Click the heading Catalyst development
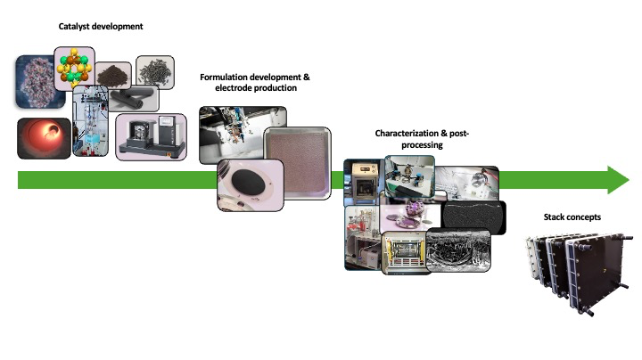pyautogui.click(x=101, y=27)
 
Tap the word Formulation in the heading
pyautogui.click(x=224, y=78)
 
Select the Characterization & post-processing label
pyautogui.click(x=422, y=139)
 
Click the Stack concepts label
pyautogui.click(x=572, y=217)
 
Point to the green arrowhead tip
pyautogui.click(x=630, y=180)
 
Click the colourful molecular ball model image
pyautogui.click(x=74, y=68)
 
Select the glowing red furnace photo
pyautogui.click(x=45, y=138)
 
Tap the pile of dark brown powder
pyautogui.click(x=113, y=75)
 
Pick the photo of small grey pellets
pyautogui.click(x=155, y=72)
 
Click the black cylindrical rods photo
pyautogui.click(x=133, y=99)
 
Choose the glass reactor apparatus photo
pyautogui.click(x=90, y=120)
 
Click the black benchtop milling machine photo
pyautogui.click(x=151, y=137)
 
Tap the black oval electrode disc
pyautogui.click(x=248, y=183)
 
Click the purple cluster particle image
pyautogui.click(x=39, y=83)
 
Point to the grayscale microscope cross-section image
pyautogui.click(x=458, y=250)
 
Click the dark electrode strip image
pyautogui.click(x=474, y=217)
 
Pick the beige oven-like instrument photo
pyautogui.click(x=363, y=182)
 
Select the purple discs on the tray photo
pyautogui.click(x=410, y=216)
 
